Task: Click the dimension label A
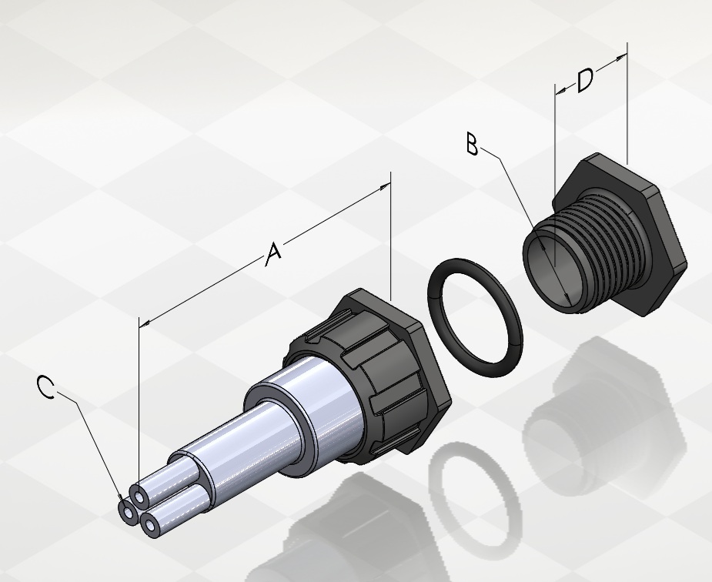click(273, 255)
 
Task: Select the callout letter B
click(473, 143)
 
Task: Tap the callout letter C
click(45, 387)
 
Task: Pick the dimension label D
click(585, 80)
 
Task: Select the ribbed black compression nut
click(368, 376)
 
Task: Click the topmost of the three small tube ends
click(139, 496)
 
